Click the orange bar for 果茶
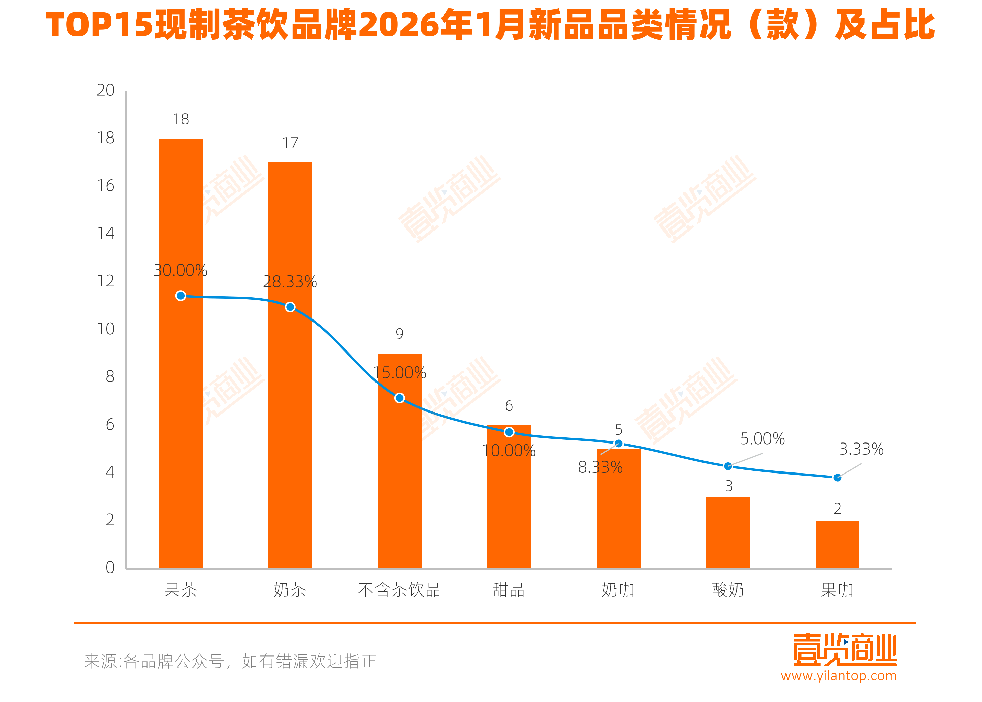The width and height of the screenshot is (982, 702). pos(181,389)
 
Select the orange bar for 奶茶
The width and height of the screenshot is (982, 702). pos(290,411)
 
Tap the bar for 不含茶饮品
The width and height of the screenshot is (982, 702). pos(399,476)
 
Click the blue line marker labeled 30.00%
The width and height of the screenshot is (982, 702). pos(181,296)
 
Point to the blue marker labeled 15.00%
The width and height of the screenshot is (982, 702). pos(399,398)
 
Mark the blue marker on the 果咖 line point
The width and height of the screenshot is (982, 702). pos(837,478)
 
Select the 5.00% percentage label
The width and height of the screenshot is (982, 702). pos(762,439)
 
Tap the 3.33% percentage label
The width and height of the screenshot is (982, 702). pos(861,449)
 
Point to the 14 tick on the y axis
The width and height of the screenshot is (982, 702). pos(105,234)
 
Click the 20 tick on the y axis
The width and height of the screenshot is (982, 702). pos(105,90)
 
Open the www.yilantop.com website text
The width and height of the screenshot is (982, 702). pos(838,676)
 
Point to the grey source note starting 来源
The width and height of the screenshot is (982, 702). pos(230,661)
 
